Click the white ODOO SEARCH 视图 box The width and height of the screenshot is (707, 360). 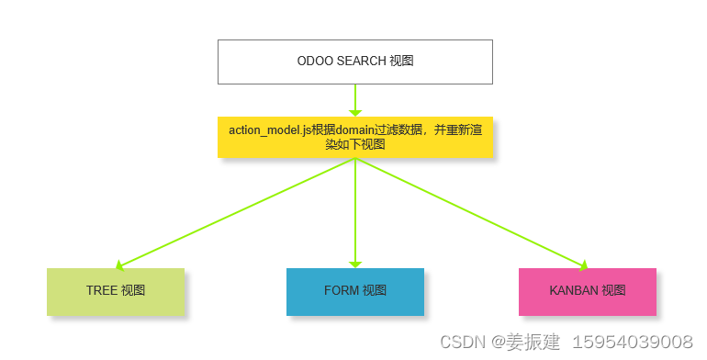tap(354, 62)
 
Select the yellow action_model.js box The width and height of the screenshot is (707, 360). tap(354, 137)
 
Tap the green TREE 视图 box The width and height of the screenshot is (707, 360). tap(116, 291)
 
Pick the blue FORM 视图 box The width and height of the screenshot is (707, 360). tap(354, 291)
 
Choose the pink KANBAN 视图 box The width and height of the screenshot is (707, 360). tap(587, 291)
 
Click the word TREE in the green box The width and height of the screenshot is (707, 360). tap(102, 291)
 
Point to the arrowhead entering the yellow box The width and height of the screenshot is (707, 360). tap(354, 112)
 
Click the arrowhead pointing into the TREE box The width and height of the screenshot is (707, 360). tap(121, 264)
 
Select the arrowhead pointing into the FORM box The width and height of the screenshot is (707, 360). tap(354, 264)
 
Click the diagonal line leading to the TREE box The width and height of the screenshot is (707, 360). tap(237, 212)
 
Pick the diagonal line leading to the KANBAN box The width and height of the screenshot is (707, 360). tap(470, 212)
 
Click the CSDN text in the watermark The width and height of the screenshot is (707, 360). tap(462, 343)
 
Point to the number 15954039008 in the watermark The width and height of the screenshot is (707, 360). tap(633, 343)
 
